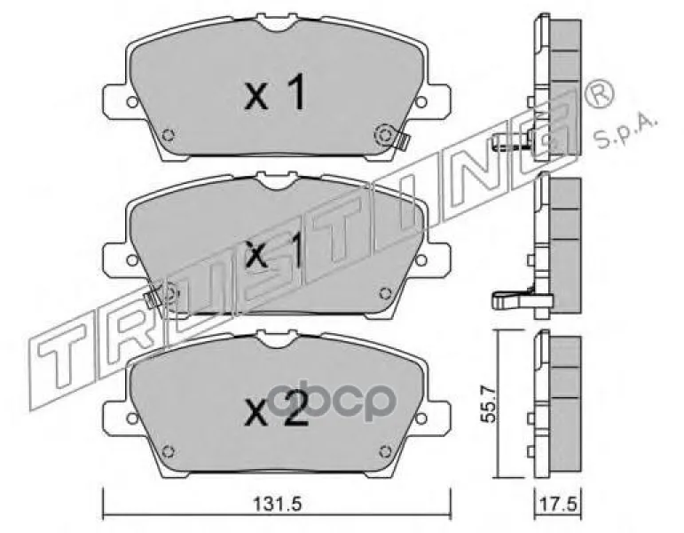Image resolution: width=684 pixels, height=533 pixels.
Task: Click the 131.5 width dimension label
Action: [278, 505]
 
